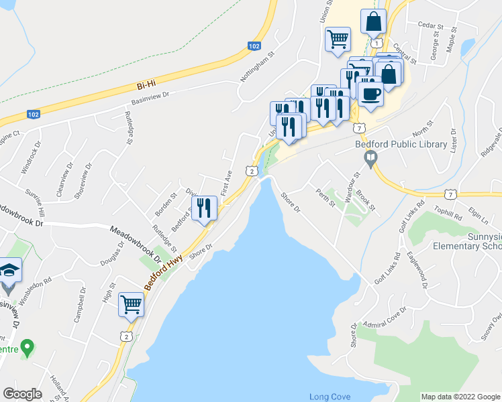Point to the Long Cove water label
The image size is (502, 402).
tap(330, 397)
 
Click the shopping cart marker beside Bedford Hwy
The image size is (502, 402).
tap(132, 304)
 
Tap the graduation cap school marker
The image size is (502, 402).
tap(9, 269)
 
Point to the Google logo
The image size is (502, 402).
tap(22, 393)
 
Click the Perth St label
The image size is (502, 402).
tap(326, 198)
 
